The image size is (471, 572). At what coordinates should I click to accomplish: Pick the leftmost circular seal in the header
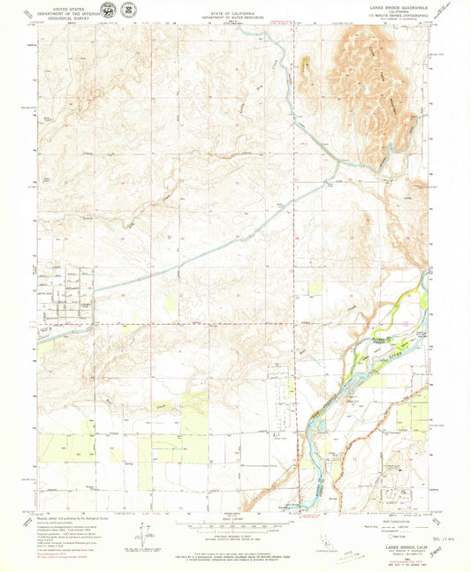click(108, 11)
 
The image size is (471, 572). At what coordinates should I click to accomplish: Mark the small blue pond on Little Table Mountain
click(363, 89)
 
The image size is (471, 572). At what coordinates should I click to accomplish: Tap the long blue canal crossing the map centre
click(203, 247)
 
